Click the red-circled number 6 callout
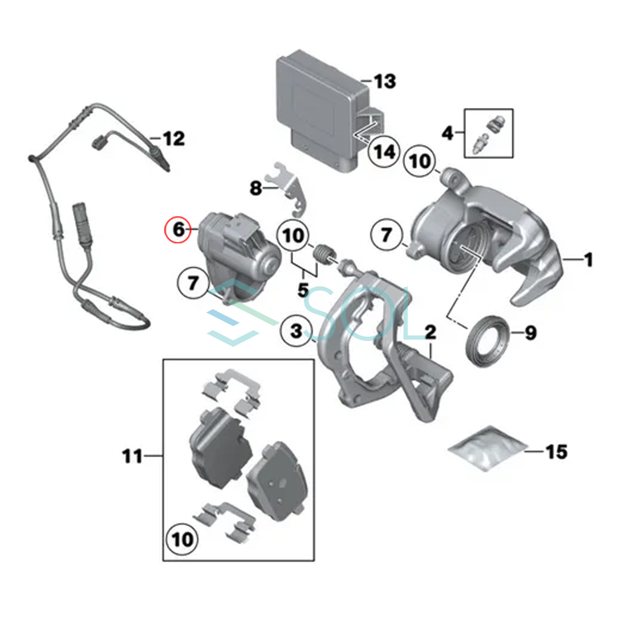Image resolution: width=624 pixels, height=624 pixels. pyautogui.click(x=177, y=230)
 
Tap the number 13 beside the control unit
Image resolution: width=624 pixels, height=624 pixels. pyautogui.click(x=385, y=81)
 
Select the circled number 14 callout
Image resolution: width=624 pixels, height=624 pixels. pyautogui.click(x=384, y=151)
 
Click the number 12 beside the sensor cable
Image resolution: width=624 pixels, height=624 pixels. pyautogui.click(x=174, y=139)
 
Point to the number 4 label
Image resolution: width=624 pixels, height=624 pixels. pyautogui.click(x=448, y=133)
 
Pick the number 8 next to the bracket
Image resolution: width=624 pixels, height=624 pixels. pyautogui.click(x=255, y=188)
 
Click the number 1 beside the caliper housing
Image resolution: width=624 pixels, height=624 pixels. pyautogui.click(x=588, y=259)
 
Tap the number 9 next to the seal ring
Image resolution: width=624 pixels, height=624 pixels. pyautogui.click(x=531, y=333)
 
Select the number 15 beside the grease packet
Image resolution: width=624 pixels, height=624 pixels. pyautogui.click(x=556, y=452)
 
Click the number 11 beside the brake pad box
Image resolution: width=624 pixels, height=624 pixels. pyautogui.click(x=133, y=456)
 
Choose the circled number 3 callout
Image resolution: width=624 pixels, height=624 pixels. pyautogui.click(x=296, y=331)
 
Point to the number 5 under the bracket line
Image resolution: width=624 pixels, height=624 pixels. pyautogui.click(x=303, y=290)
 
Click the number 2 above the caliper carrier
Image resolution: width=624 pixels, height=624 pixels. pyautogui.click(x=431, y=332)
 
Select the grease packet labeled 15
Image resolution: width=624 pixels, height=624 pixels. pyautogui.click(x=486, y=448)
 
